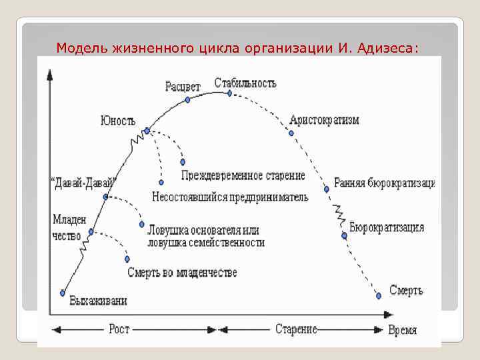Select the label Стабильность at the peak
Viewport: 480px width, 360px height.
(x=245, y=83)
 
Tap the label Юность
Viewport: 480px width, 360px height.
(x=118, y=121)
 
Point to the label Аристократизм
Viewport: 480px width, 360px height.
(x=325, y=121)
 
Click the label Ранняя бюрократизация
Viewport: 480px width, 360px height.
(x=384, y=183)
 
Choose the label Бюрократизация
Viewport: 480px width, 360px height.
(x=387, y=227)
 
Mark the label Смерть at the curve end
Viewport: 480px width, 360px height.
(x=406, y=291)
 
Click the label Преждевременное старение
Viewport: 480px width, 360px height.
(x=243, y=176)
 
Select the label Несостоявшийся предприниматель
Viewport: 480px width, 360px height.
(x=230, y=197)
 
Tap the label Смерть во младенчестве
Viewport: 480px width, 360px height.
(x=182, y=273)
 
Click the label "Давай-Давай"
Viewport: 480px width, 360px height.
(x=83, y=182)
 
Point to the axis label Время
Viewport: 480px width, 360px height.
(x=403, y=330)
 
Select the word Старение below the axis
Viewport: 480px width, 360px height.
(x=296, y=329)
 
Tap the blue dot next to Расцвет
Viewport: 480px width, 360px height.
(x=187, y=99)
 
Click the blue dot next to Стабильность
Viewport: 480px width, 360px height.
(x=229, y=93)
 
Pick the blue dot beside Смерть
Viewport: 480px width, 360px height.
(x=379, y=294)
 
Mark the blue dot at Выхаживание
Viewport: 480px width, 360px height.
(x=62, y=292)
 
